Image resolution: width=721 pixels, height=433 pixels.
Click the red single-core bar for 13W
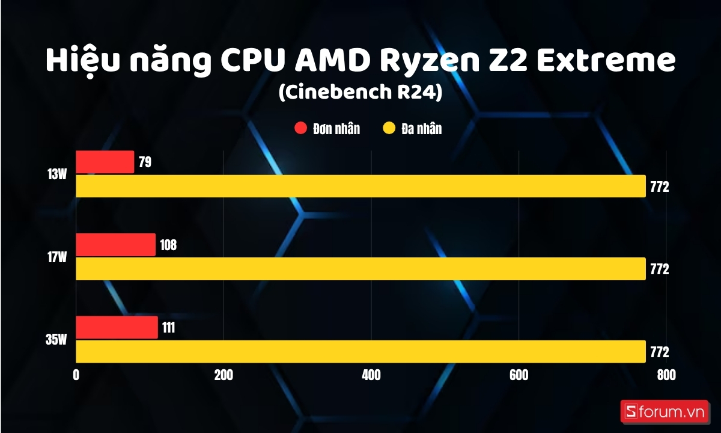(105, 162)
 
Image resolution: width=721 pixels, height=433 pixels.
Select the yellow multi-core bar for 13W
(360, 186)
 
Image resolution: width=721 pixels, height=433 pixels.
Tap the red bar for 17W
(115, 245)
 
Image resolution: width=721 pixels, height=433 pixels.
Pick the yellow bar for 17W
(360, 269)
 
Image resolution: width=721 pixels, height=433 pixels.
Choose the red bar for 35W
(117, 328)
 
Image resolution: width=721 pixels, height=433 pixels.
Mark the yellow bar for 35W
(360, 352)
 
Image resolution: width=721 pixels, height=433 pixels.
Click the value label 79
(145, 163)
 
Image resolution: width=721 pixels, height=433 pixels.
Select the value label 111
(169, 328)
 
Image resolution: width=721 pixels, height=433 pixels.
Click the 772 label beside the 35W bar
(659, 352)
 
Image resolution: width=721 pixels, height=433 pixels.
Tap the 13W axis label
(57, 175)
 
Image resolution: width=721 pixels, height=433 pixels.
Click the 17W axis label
(57, 257)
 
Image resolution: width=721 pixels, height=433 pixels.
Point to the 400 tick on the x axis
(371, 375)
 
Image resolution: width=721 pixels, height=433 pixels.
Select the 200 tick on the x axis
(224, 375)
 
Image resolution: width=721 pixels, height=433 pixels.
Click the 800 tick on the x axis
(666, 375)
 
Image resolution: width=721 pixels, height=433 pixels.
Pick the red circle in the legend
(300, 129)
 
